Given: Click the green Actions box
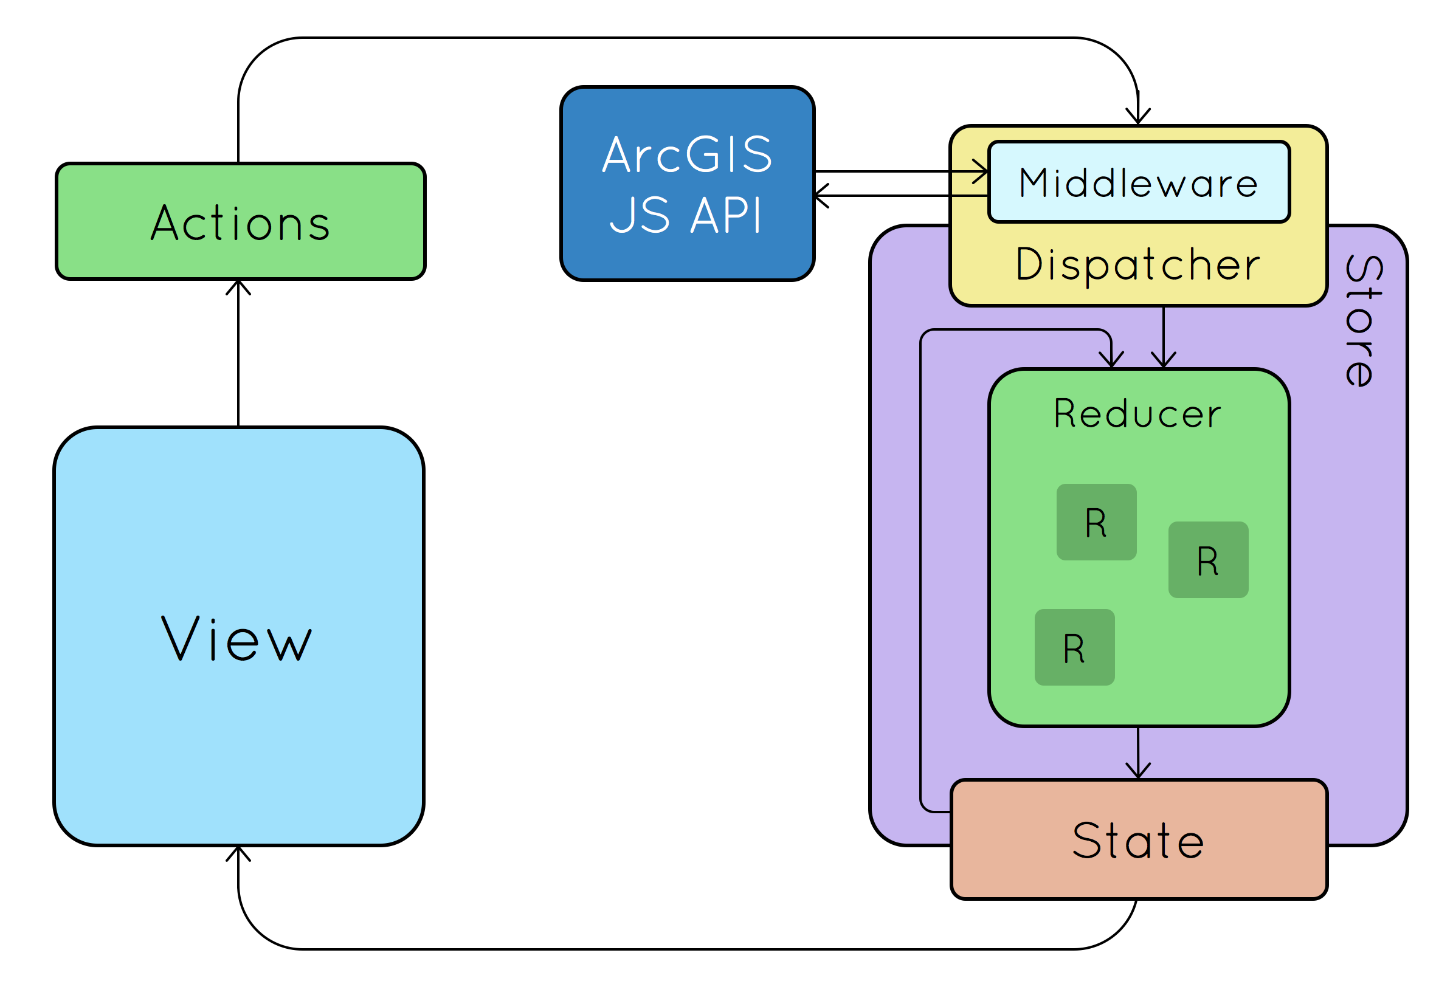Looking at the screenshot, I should tap(241, 221).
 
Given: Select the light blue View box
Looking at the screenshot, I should tap(239, 636).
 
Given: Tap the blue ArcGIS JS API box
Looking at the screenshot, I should tap(687, 184).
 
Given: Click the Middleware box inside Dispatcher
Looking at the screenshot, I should tap(1139, 182).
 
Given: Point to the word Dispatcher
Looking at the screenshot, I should tap(1138, 264).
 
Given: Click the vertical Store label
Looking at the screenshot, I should tap(1365, 321).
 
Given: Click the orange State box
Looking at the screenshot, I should tap(1139, 840).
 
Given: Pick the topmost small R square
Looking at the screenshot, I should tap(1096, 522).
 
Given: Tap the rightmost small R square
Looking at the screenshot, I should tap(1208, 560).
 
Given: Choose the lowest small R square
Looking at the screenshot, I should tap(1074, 648).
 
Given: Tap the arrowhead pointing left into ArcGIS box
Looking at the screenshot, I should tap(820, 196).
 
